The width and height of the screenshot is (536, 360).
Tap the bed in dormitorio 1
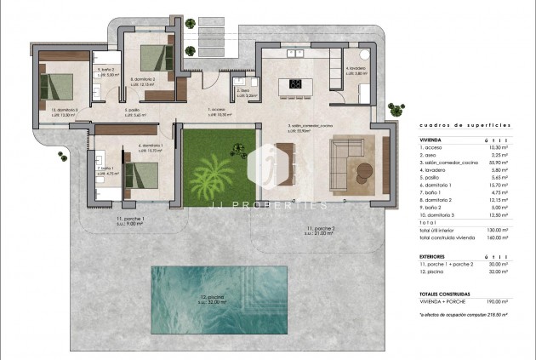coord(140,175)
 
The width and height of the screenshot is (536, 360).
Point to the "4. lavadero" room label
coord(356,68)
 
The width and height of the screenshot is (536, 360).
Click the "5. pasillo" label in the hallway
coord(132,110)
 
